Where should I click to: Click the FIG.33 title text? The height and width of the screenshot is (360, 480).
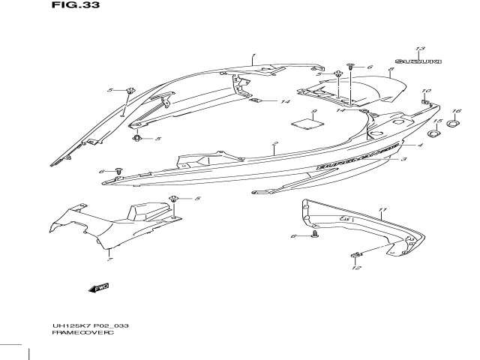[x=76, y=5]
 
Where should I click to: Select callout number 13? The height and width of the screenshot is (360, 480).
[x=420, y=48]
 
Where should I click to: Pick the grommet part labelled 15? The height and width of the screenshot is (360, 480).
[x=436, y=135]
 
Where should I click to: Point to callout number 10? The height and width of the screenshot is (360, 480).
[x=427, y=91]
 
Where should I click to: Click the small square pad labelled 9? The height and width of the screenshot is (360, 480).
[x=304, y=121]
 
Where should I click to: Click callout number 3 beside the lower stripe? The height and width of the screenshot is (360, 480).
[x=404, y=160]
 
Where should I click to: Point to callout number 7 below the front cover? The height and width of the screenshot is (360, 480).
[x=109, y=258]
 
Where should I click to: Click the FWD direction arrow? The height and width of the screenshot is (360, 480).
[x=98, y=287]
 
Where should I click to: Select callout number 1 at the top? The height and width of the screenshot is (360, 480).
[x=253, y=55]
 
